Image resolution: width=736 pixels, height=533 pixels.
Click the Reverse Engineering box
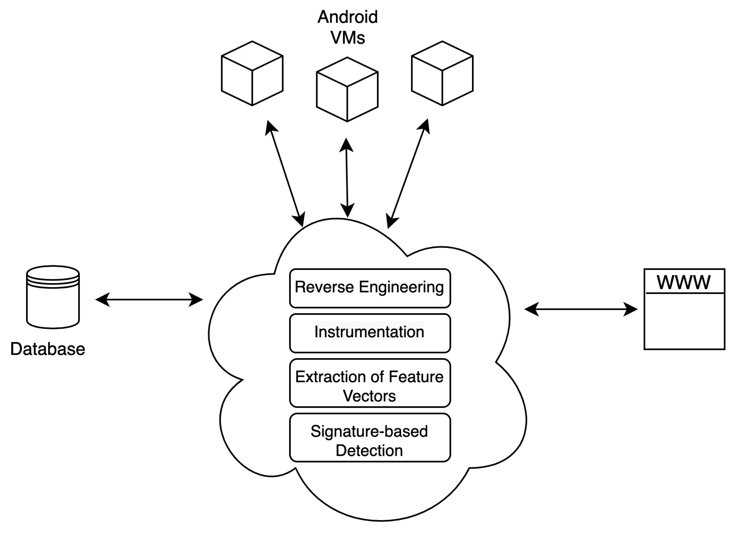[x=370, y=288]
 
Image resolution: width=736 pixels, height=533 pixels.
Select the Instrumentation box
[x=370, y=333]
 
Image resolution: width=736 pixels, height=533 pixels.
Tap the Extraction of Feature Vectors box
[x=370, y=383]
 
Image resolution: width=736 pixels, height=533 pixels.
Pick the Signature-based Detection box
[x=370, y=437]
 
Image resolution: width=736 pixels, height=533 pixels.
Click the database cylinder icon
[x=53, y=297]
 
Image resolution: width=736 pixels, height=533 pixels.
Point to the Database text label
[x=48, y=349]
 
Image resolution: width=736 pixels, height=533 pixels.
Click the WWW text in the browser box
[x=684, y=282]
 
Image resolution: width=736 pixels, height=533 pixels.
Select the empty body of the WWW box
[x=685, y=321]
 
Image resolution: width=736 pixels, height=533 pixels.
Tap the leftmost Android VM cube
[x=252, y=73]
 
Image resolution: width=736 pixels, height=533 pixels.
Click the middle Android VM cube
[x=347, y=89]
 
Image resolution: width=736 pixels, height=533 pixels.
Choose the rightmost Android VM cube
[x=442, y=73]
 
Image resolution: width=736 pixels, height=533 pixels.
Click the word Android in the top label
[x=348, y=17]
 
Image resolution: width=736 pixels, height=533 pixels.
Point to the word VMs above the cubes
[x=348, y=38]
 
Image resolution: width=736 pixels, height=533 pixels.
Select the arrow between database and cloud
[x=149, y=300]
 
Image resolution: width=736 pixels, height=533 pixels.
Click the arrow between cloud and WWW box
[x=581, y=309]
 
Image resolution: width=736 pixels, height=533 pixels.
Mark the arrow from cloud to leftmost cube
[x=285, y=174]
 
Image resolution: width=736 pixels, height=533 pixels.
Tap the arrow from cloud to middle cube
[x=347, y=178]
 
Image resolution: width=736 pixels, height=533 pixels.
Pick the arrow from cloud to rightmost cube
[x=408, y=174]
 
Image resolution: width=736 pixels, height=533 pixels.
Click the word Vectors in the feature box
[x=369, y=396]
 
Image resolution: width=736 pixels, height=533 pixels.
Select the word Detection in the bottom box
[x=369, y=450]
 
